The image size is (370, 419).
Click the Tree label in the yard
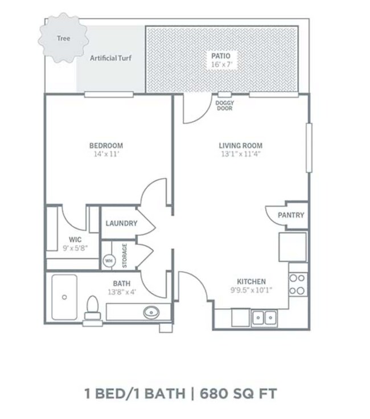[x=64, y=39]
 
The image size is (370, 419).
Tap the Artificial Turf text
[x=110, y=58]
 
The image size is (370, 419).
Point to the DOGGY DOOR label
[x=225, y=105]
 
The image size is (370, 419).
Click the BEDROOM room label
[x=106, y=146]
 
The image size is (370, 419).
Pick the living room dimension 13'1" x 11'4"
[x=241, y=154]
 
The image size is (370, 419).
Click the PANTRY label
[x=291, y=215]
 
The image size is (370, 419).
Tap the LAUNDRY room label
[x=122, y=223]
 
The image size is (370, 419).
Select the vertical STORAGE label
[x=125, y=256]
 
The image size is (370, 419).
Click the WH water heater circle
[x=109, y=261]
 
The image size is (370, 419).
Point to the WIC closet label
[x=75, y=240]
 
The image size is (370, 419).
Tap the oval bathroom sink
[x=151, y=312]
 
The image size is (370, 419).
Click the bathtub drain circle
[x=64, y=297]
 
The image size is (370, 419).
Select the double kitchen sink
[x=264, y=318]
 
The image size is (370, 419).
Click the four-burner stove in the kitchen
[x=298, y=284]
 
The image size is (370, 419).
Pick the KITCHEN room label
[x=252, y=282]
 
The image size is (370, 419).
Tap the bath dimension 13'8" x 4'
[x=122, y=292]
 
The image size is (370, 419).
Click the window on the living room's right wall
[x=309, y=147]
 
